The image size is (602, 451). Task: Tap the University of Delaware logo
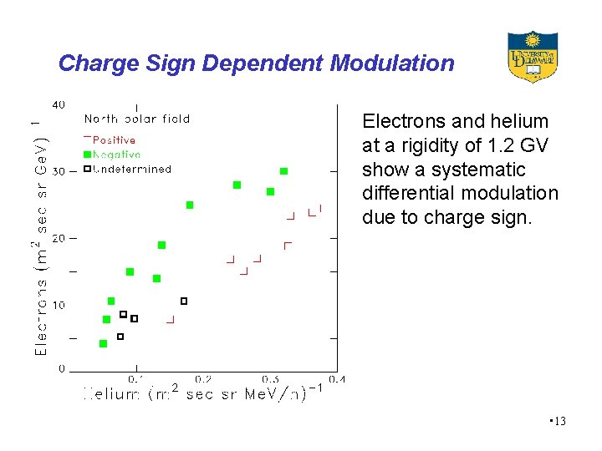pyautogui.click(x=533, y=57)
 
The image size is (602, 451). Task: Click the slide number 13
pyautogui.click(x=559, y=421)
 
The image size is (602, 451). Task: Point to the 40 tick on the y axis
pyautogui.click(x=59, y=104)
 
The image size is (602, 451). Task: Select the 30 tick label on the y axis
pyautogui.click(x=59, y=171)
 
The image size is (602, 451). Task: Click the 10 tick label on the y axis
pyautogui.click(x=59, y=305)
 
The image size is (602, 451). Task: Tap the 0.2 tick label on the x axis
pyautogui.click(x=202, y=379)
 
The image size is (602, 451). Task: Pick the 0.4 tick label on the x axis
pyautogui.click(x=336, y=379)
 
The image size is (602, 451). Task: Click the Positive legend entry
pyautogui.click(x=114, y=140)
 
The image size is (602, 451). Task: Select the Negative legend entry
pyautogui.click(x=115, y=155)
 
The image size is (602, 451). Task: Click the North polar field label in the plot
pyautogui.click(x=137, y=119)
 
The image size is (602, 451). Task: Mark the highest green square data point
pyautogui.click(x=283, y=171)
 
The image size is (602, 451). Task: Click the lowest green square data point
pyautogui.click(x=103, y=343)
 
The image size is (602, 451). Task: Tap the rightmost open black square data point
pyautogui.click(x=184, y=301)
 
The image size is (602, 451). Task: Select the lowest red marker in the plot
pyautogui.click(x=171, y=320)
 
